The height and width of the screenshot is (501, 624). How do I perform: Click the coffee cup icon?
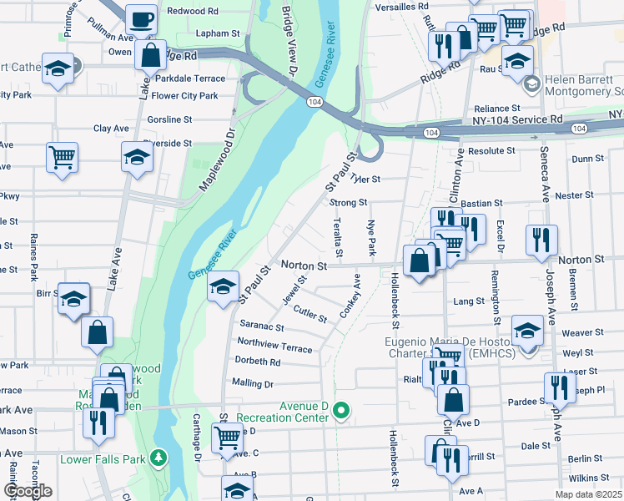[x=141, y=18]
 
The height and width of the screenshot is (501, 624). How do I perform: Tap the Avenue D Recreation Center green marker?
[x=340, y=410]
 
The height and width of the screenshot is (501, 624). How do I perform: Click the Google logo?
[x=28, y=491]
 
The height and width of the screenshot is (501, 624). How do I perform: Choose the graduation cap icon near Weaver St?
[x=527, y=331]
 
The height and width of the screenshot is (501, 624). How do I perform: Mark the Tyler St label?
[x=365, y=179]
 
